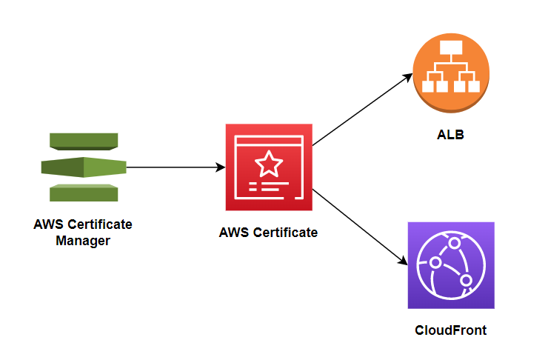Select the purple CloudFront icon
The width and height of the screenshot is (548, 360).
(450, 264)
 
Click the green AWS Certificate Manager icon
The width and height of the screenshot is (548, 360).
(83, 167)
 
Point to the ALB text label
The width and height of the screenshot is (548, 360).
(450, 136)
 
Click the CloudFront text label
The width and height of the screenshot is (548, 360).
(450, 330)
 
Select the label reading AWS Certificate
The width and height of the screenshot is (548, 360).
(268, 233)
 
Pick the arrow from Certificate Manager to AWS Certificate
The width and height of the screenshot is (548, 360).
(174, 167)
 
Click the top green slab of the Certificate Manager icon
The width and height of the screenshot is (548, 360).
(83, 141)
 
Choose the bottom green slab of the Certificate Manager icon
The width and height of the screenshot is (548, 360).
(83, 193)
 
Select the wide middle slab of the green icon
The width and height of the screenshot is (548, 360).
(83, 167)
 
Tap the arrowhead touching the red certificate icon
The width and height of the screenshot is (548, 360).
(220, 167)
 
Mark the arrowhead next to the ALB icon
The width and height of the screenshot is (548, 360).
(408, 76)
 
